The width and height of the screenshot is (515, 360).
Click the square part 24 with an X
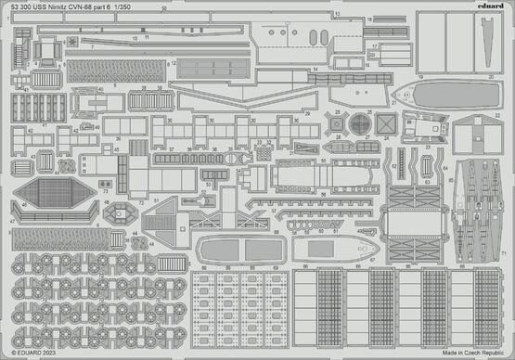387,122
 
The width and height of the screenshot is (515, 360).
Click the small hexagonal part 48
121,213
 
